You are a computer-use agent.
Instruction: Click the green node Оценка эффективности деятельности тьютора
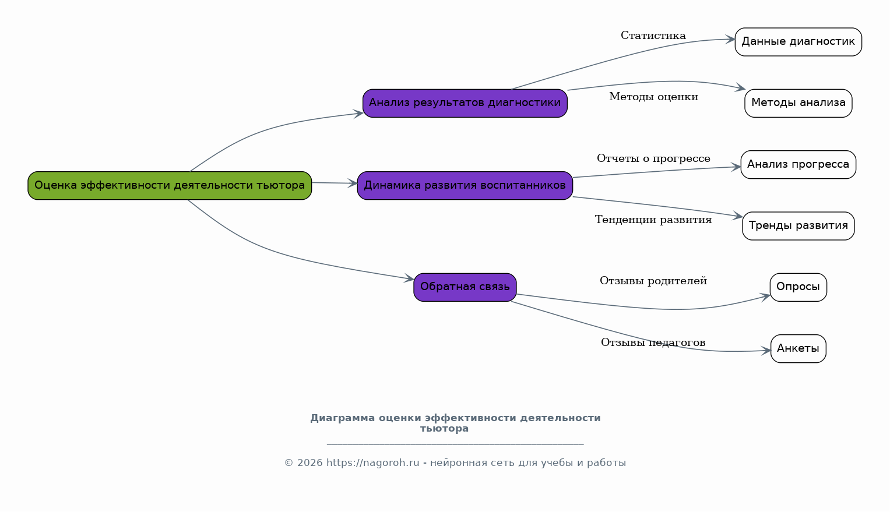170,186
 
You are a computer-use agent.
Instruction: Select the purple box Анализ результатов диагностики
465,103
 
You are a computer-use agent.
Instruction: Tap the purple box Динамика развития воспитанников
465,186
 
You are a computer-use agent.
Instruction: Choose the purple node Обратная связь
465,287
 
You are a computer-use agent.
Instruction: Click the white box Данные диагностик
798,42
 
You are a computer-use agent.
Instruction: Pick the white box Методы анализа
798,103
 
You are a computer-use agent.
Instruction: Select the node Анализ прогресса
798,165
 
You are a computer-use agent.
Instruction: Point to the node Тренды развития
798,226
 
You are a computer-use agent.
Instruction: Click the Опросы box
798,287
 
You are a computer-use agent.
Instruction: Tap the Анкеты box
798,349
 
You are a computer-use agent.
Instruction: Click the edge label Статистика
653,36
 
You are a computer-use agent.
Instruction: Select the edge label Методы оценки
653,97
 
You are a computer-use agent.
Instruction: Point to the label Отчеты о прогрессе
653,159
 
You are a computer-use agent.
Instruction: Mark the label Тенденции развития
653,220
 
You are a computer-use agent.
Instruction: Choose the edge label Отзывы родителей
653,281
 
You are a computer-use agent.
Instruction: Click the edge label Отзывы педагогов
653,343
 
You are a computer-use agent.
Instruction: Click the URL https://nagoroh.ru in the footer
372,463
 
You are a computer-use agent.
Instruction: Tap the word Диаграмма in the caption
342,418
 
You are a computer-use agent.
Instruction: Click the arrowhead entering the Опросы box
765,296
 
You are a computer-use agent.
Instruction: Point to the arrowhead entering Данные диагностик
730,40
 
